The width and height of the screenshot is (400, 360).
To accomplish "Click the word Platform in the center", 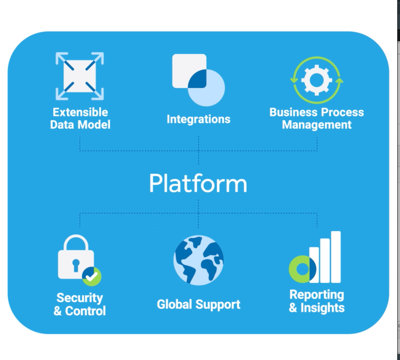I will point(198,183).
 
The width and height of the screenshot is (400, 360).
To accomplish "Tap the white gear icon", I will point(317,80).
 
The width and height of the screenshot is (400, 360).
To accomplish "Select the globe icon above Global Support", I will point(198,260).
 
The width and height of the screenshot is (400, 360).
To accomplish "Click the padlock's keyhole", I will point(76,265).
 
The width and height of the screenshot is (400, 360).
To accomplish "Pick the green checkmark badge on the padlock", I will point(92,277).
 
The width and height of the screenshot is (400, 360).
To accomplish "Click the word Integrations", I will point(198,119).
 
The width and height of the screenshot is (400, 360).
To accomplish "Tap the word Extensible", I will point(80,112).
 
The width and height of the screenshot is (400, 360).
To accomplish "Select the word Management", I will point(317,125).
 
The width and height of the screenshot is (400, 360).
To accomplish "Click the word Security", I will point(80,298).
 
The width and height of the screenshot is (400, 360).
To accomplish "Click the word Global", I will point(175,304).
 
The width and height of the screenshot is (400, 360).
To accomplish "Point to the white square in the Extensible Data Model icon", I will point(80,76).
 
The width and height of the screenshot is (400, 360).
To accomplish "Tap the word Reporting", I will point(317,294).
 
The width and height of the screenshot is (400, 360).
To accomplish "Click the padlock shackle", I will point(76,242).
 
